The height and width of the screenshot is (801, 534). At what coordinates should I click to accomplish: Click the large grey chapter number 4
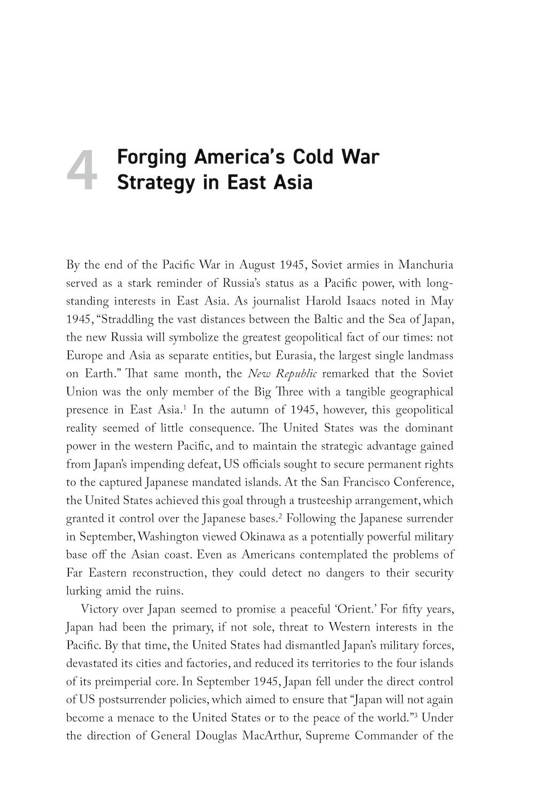tap(82, 170)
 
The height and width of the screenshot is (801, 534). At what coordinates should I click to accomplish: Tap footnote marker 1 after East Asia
tap(184, 407)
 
